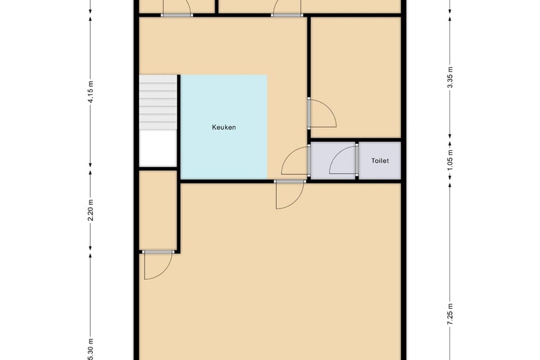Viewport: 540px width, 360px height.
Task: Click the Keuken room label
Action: pos(224,127)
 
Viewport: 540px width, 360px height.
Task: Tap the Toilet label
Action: pos(380,161)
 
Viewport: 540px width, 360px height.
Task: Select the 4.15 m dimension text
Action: pos(91,92)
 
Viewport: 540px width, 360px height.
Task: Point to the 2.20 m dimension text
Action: pos(91,210)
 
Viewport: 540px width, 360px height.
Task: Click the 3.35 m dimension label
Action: pos(450,77)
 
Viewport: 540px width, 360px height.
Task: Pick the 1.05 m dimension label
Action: pos(450,161)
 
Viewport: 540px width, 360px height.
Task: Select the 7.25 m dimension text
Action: pos(450,314)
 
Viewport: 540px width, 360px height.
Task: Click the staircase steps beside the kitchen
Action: pos(158,102)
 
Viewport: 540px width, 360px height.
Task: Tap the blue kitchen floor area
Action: pos(224,127)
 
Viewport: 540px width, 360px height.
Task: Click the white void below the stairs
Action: pos(158,148)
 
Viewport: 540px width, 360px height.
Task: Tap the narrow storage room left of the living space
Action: pos(158,210)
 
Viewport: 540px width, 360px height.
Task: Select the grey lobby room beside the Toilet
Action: pos(333,160)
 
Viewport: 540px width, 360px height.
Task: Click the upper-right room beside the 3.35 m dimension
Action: pos(356,78)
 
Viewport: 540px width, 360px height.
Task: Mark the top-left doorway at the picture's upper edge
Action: pos(177,8)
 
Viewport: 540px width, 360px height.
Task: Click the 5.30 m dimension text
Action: pos(91,350)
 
